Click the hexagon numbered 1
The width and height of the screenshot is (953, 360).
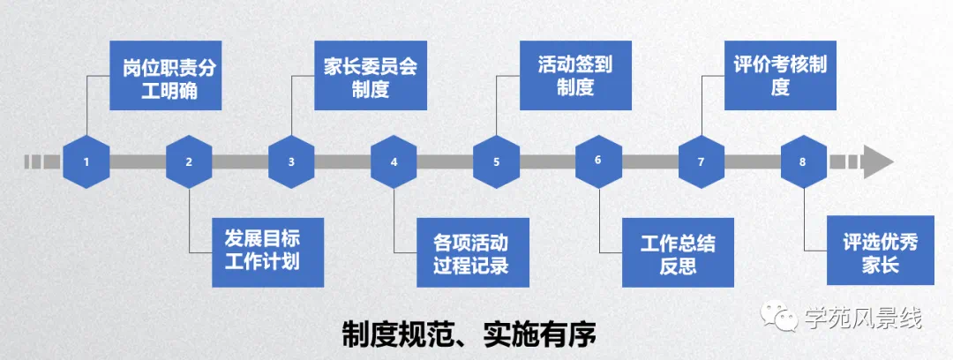[x=86, y=161]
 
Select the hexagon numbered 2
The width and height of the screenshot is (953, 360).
[x=189, y=161]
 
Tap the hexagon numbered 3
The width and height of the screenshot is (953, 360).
[x=291, y=161]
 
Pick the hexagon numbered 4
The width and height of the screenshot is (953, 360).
[x=394, y=161]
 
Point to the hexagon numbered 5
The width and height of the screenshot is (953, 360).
[x=496, y=161]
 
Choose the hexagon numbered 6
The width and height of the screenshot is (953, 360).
[x=598, y=161]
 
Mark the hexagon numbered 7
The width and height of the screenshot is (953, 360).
[x=702, y=161]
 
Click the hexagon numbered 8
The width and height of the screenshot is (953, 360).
[x=802, y=161]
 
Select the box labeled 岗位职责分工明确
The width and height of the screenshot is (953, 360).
[x=165, y=76]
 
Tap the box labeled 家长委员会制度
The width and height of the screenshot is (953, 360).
[x=370, y=76]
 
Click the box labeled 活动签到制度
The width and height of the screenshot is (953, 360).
[x=575, y=76]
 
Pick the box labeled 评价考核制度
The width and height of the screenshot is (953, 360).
[x=779, y=76]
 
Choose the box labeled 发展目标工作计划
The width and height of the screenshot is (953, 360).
[x=267, y=251]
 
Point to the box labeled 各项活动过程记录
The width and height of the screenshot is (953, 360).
[x=472, y=251]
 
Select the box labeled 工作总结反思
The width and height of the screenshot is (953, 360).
[x=677, y=251]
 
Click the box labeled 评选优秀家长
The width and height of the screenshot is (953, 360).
[x=880, y=251]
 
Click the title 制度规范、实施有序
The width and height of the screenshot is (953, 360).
[x=469, y=334]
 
